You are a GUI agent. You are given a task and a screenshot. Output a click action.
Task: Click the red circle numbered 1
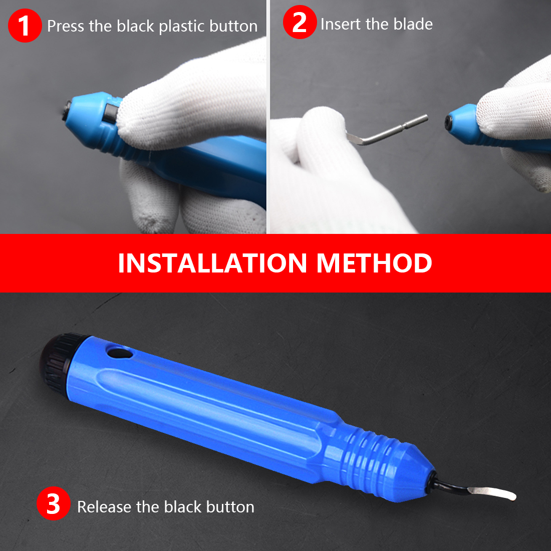pos(25,26)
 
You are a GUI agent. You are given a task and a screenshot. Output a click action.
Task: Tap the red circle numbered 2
pos(300,22)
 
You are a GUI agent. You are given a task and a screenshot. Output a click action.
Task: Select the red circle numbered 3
pos(54,503)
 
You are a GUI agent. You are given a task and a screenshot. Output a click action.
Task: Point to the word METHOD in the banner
pos(374,263)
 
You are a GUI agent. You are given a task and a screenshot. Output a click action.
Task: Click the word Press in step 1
pos(66,26)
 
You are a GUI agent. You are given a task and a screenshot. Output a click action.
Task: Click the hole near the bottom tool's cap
pos(120,353)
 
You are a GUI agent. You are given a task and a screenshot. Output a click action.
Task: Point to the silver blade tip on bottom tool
pos(492,493)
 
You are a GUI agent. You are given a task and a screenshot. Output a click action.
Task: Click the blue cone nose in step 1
pos(88,120)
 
